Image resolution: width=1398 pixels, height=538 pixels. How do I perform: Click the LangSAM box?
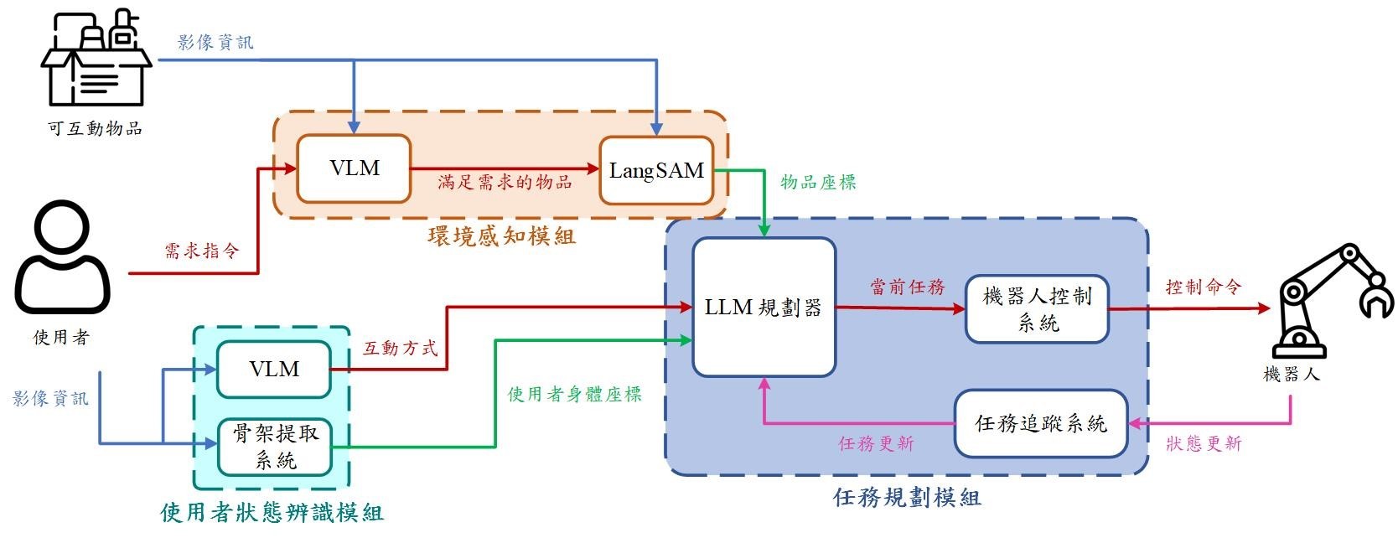tap(656, 171)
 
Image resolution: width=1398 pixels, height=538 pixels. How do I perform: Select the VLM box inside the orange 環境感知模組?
tap(354, 168)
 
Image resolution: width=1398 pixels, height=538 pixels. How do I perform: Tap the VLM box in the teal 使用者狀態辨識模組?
tap(274, 370)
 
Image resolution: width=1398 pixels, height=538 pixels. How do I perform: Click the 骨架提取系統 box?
tap(275, 447)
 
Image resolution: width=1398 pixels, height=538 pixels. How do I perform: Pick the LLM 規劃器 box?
tap(764, 308)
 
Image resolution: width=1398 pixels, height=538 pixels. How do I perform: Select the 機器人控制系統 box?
tap(1037, 309)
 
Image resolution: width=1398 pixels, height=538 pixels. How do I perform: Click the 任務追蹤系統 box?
tap(1041, 424)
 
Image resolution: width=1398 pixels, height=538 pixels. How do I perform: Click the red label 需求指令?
tap(201, 251)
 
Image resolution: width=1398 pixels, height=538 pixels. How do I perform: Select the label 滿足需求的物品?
tap(505, 182)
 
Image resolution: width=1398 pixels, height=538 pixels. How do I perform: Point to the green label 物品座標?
tap(818, 183)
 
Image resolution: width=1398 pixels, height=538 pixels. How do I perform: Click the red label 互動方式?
tap(400, 348)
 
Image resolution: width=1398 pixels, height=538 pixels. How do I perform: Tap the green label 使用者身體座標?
tap(574, 394)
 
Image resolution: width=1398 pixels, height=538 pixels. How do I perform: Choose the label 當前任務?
tap(907, 287)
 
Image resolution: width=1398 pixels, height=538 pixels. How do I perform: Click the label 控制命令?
tap(1203, 287)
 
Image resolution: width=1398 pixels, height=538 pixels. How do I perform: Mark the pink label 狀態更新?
tap(1204, 443)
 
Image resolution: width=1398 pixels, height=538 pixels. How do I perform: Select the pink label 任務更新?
tap(876, 443)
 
